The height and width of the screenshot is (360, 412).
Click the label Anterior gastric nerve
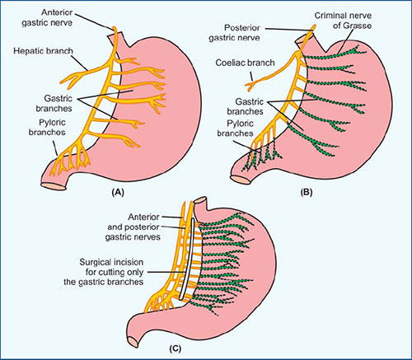pos(47,17)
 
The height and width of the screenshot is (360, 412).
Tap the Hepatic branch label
pos(43,51)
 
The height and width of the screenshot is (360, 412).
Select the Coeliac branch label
pos(245,63)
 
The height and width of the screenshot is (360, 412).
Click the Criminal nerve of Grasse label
pos(343,21)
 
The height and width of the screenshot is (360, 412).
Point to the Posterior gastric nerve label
pos(234,32)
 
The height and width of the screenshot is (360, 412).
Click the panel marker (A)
pos(118,192)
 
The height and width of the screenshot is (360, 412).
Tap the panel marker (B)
pos(307,192)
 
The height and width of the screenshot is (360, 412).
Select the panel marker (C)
pos(175,348)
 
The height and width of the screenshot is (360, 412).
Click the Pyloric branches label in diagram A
pos(47,127)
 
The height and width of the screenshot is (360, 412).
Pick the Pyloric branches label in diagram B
pos(236,129)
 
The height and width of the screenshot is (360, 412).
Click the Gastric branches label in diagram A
pos(54,103)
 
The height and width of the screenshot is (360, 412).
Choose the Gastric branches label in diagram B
pos(245,106)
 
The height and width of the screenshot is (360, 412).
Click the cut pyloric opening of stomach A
pos(54,186)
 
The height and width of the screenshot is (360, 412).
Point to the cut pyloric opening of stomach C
pos(133,342)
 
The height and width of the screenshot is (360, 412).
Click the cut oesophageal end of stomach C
pos(199,199)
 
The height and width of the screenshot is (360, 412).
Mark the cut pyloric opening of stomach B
pos(241,180)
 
